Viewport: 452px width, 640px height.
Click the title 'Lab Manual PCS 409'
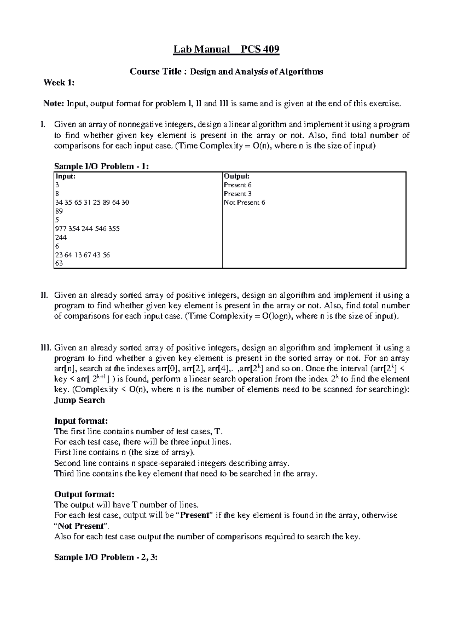(226, 49)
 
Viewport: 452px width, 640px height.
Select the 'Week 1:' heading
(59, 83)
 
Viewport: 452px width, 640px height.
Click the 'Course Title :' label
(158, 72)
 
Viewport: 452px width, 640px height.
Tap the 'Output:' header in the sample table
(237, 176)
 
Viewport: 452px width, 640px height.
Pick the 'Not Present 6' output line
(244, 202)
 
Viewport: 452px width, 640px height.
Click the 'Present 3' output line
(238, 194)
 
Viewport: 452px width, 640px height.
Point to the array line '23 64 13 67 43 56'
(82, 255)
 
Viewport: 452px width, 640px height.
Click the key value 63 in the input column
(59, 263)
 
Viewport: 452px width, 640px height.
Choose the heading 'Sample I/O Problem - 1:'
(102, 166)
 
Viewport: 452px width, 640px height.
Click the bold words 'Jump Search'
(79, 400)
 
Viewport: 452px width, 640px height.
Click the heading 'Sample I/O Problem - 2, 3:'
(106, 557)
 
